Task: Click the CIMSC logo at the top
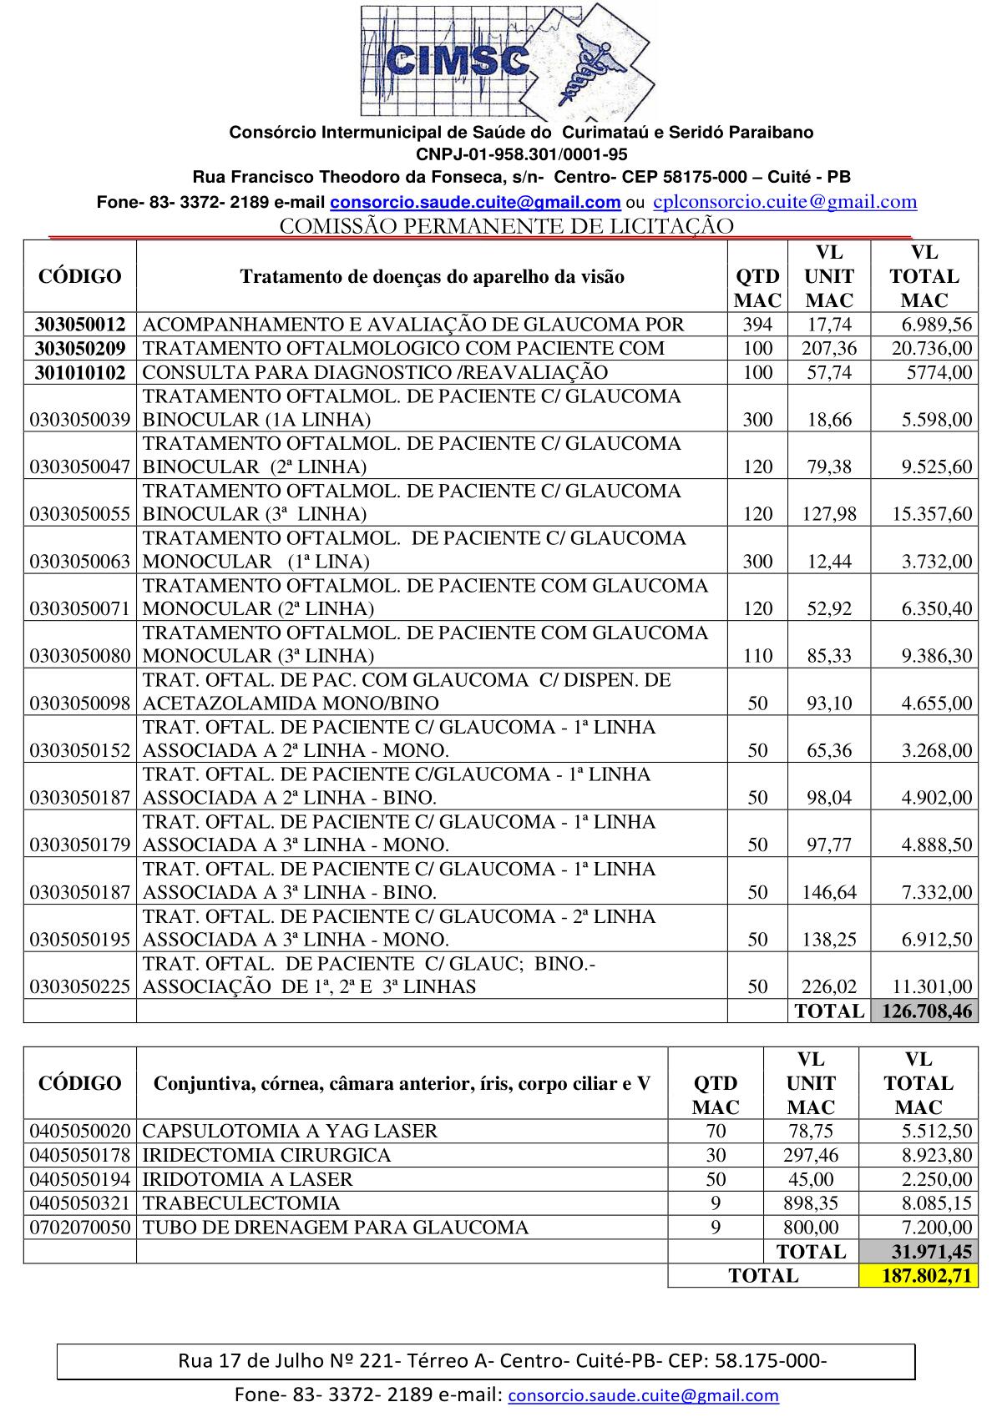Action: (x=508, y=63)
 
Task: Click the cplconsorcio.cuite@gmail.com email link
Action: (x=785, y=201)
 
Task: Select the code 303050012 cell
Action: (x=80, y=325)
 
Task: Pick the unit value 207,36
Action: (x=829, y=349)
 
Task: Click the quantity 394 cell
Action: (x=757, y=325)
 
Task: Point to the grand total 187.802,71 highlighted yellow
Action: (x=918, y=1275)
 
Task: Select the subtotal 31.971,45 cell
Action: (x=918, y=1252)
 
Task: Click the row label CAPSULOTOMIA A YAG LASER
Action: (x=290, y=1132)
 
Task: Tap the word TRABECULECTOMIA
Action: (x=241, y=1203)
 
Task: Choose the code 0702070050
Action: (x=80, y=1228)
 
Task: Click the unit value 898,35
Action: (x=811, y=1203)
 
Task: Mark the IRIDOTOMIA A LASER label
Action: (x=248, y=1179)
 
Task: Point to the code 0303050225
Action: (x=80, y=987)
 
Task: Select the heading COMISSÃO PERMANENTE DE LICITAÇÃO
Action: (x=506, y=226)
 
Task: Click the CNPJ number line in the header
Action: (x=521, y=154)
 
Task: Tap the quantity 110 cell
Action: (x=757, y=656)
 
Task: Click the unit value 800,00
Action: (x=811, y=1228)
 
